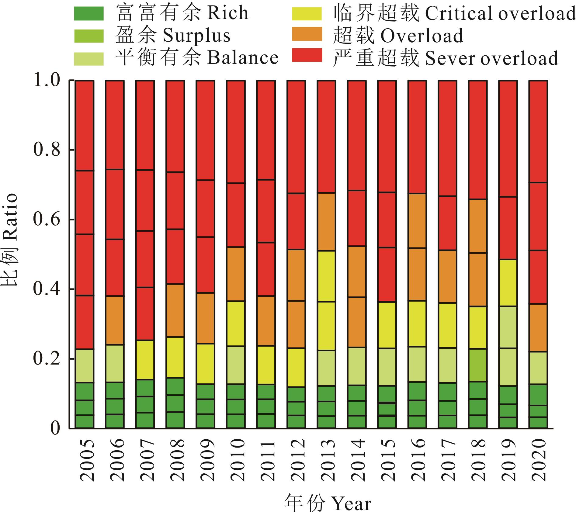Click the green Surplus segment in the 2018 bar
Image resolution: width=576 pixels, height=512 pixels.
pos(477,365)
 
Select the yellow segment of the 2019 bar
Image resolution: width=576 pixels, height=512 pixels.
pos(508,283)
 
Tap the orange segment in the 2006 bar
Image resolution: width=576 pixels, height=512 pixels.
pos(115,320)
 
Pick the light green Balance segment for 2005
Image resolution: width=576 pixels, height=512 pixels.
pos(85,365)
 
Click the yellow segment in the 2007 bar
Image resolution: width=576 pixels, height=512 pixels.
pos(145,360)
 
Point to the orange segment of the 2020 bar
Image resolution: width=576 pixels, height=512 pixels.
pos(538,328)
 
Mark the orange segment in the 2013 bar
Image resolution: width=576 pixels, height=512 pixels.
pos(326,222)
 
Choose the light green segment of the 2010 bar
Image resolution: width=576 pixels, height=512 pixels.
pos(235,365)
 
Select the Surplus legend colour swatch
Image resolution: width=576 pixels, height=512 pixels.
pos(89,36)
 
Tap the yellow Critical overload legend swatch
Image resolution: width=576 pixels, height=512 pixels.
pos(307,14)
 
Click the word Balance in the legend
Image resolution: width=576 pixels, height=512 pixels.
pos(243,58)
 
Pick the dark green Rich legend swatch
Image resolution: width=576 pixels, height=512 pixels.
pos(89,14)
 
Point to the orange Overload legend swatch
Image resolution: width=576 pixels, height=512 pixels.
pos(307,34)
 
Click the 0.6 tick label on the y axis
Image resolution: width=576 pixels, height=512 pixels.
pos(47,220)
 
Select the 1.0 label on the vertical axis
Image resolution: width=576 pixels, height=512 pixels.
pos(47,81)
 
